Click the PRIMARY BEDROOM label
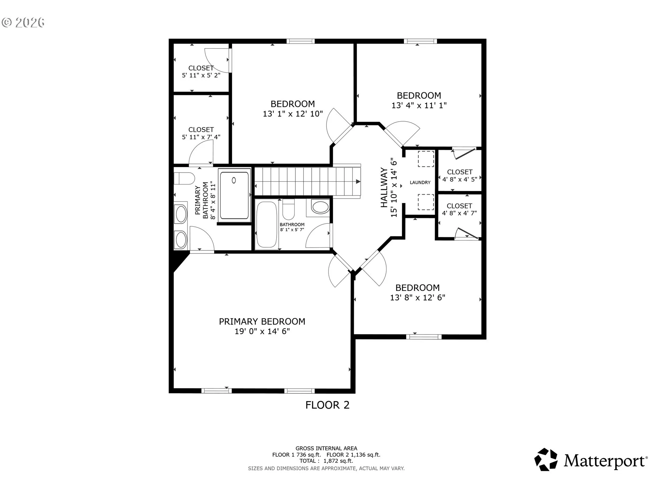click(262, 322)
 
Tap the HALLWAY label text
click(384, 188)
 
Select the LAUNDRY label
click(420, 182)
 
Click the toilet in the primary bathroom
click(184, 178)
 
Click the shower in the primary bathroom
click(234, 195)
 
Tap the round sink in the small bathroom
click(320, 207)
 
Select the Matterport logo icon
click(546, 460)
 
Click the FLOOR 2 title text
click(327, 405)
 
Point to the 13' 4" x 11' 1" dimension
click(419, 106)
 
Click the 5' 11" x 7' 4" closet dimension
click(201, 137)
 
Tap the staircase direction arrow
click(358, 181)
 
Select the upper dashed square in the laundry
click(426, 159)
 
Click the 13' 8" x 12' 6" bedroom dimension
click(418, 298)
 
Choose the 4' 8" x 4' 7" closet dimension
click(459, 213)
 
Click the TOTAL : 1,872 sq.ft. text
click(326, 461)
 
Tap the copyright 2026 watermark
click(23, 23)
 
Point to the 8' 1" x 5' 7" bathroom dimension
click(292, 230)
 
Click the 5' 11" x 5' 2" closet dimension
click(201, 75)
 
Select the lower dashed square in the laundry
click(426, 202)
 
